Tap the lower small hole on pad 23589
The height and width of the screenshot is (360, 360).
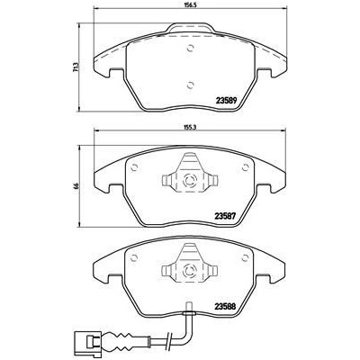tap(189, 85)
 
